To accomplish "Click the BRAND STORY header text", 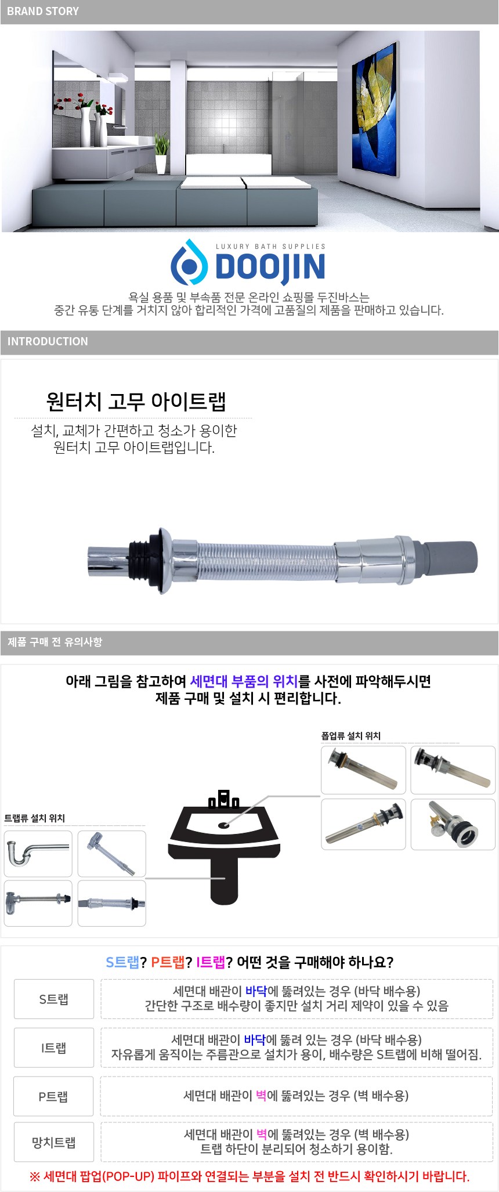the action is click(42, 11).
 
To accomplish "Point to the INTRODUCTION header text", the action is click(48, 341).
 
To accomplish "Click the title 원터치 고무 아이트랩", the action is click(136, 401).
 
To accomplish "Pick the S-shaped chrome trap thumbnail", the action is click(38, 853).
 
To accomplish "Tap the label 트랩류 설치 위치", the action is click(35, 818).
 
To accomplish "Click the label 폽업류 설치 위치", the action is click(351, 736).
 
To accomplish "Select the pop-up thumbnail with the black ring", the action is click(453, 824).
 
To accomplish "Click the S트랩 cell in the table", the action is click(54, 999).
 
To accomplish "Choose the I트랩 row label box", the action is click(54, 1047).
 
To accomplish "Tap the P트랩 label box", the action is click(54, 1096).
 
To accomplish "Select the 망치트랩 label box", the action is click(54, 1143).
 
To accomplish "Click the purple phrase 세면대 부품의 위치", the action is click(244, 681).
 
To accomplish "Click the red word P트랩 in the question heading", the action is click(168, 962).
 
